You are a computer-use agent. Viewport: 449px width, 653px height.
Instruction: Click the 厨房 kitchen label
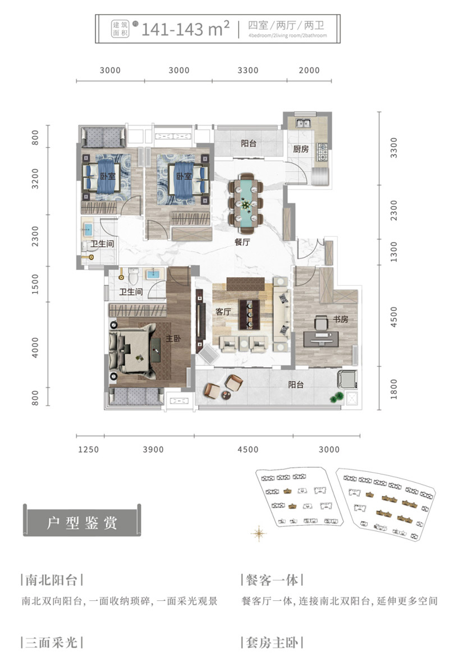point(300,149)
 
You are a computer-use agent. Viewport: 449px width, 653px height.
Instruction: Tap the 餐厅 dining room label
point(242,242)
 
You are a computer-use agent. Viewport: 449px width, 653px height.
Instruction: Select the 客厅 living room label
point(223,312)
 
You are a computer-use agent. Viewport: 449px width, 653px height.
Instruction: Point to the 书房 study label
point(340,319)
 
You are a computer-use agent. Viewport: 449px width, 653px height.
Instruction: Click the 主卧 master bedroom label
point(173,339)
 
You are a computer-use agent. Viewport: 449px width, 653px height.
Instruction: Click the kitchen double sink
point(303,123)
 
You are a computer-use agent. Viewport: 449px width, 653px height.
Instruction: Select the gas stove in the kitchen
point(322,152)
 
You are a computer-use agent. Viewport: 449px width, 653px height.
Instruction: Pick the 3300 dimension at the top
point(248,70)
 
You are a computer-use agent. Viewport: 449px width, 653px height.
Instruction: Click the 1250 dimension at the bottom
point(89,449)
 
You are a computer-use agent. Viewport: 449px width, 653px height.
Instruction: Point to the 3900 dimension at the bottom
point(153,449)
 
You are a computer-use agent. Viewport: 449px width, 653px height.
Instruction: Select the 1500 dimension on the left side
point(35,284)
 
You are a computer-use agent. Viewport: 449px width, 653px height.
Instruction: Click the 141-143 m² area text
point(186,29)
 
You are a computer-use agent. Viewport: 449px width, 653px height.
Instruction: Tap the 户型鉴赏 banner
point(82,521)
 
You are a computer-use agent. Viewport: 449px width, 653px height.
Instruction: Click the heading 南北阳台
point(52,579)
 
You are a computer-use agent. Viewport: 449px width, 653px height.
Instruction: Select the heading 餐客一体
point(272,579)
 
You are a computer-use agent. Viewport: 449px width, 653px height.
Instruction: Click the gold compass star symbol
point(259,533)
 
